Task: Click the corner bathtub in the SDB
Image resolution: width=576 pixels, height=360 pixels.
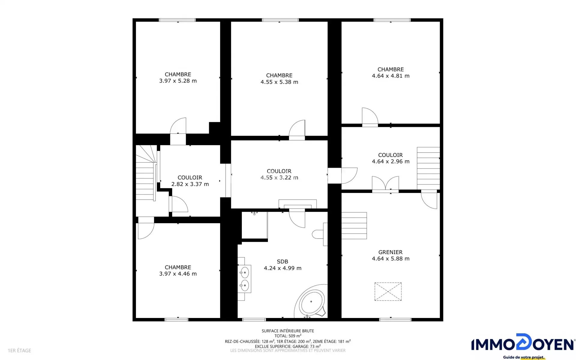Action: click(x=311, y=301)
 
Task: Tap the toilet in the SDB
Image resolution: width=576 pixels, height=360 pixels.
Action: click(x=320, y=234)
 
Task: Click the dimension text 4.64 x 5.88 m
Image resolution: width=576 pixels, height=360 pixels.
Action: click(x=391, y=259)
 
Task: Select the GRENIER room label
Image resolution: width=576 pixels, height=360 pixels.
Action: click(x=390, y=252)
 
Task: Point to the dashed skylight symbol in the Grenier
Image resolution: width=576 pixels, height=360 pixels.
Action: click(x=388, y=291)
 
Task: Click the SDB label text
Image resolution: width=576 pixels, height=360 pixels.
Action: click(x=282, y=261)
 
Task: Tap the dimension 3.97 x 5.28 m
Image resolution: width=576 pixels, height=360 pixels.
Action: click(x=178, y=81)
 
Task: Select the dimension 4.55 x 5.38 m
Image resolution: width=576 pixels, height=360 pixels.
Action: click(x=279, y=82)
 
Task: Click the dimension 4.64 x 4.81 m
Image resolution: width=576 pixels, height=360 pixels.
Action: click(x=391, y=76)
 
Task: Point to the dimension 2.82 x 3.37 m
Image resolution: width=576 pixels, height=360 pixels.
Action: click(x=190, y=184)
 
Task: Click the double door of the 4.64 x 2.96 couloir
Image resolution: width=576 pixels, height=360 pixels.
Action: click(x=385, y=184)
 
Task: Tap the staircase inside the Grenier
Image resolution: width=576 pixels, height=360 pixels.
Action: click(x=354, y=226)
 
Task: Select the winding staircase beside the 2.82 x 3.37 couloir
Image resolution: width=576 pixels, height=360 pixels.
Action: click(x=146, y=173)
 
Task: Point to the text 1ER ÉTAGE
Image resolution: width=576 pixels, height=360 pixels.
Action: click(x=19, y=350)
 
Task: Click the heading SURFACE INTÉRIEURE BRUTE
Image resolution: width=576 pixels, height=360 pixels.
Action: click(x=288, y=331)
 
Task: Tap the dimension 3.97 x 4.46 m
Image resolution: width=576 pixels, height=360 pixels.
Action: click(x=178, y=274)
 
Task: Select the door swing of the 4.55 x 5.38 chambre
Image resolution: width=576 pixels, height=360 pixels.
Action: click(x=297, y=130)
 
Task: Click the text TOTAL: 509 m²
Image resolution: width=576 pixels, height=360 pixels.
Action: click(x=288, y=336)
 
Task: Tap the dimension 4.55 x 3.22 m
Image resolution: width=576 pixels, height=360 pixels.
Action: click(x=279, y=178)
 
